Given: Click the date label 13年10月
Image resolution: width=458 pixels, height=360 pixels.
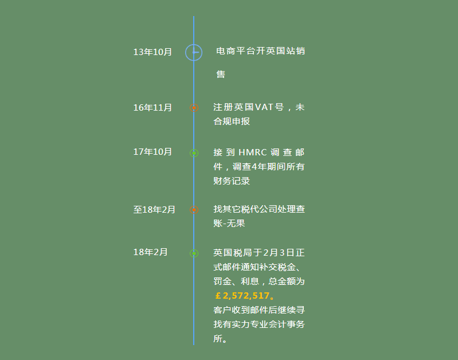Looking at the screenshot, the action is coord(152,52).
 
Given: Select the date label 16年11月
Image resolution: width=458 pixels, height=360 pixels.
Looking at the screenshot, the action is coord(152,108).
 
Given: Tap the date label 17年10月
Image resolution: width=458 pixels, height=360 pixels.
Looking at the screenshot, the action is coord(152,152).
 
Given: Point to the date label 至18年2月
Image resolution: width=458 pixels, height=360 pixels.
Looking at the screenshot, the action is coord(154,209).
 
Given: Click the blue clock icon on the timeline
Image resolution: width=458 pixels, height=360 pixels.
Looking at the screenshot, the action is coord(194,53).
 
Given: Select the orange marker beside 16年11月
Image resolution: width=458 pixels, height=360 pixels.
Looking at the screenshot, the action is coord(194,108).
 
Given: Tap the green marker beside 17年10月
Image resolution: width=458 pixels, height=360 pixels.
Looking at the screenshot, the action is coord(194,153).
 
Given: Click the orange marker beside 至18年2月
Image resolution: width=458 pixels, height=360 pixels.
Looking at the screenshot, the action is coord(194,210).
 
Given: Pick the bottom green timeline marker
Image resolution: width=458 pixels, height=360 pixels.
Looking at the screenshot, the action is coord(194,253).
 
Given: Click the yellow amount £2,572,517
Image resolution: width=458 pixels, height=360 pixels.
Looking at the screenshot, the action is coord(242,296).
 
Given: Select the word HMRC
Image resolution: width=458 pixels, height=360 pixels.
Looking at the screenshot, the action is coord(253,152).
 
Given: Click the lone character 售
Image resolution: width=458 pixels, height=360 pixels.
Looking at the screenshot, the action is coord(221,74).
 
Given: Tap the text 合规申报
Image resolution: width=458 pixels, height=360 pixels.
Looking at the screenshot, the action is coord(232,122).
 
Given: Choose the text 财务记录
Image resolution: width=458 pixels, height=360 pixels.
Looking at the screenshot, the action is coord(232,181).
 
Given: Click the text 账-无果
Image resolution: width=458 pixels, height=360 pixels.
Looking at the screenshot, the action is coord(229,223).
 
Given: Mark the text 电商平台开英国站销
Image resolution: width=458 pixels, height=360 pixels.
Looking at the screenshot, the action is coord(261,51).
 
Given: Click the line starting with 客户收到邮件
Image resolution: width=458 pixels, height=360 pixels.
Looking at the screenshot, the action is coord(259,310).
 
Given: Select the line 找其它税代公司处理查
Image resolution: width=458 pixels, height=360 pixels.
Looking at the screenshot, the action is coord(259,209).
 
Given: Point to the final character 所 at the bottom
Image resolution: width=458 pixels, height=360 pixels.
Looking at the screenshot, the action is coord(218,338).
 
